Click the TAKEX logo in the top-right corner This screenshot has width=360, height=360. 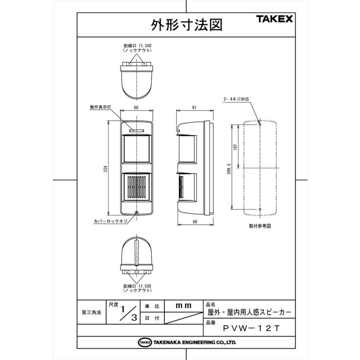pos(274,19)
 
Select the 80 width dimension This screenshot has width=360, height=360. pos(136,108)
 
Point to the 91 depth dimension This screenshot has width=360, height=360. pos(194,108)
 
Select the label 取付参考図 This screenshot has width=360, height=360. pos(260,226)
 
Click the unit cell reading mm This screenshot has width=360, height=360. pos(184,306)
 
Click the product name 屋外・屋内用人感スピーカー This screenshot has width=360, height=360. pos(250,312)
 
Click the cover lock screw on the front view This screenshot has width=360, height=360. pos(137,213)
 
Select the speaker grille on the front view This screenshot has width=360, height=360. pos(136,188)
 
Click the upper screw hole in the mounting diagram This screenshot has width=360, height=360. pos(260,124)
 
